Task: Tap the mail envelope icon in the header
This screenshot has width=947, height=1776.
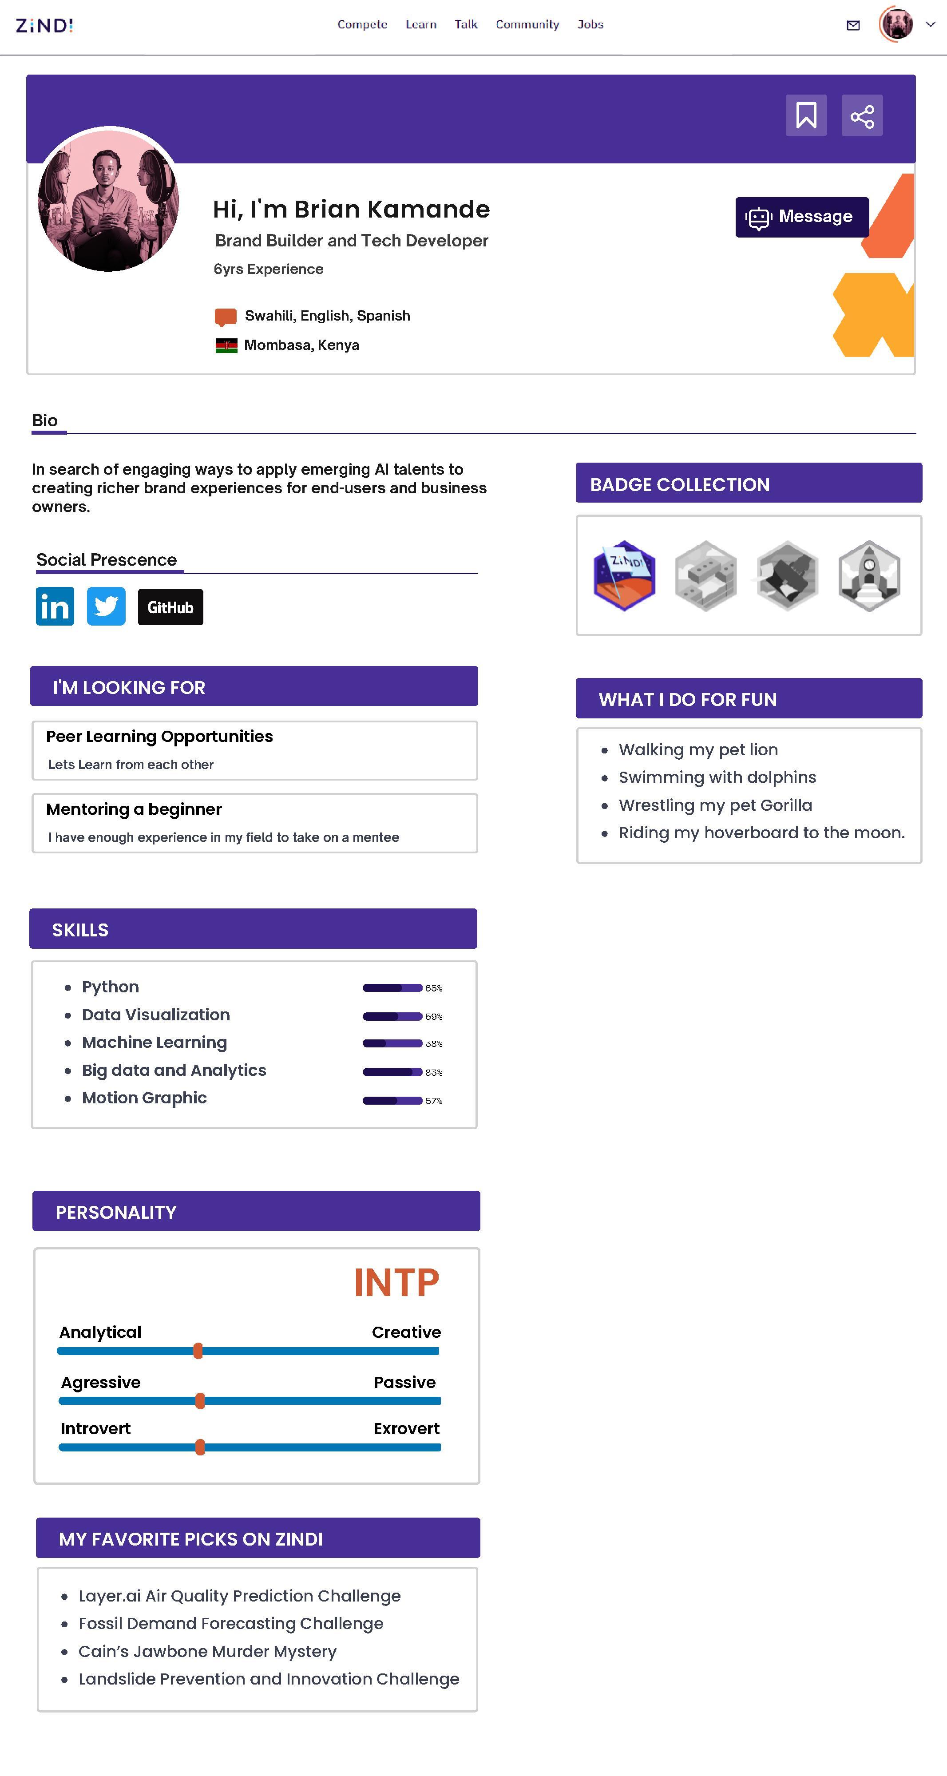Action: point(852,25)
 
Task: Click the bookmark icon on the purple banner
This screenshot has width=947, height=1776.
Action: point(806,115)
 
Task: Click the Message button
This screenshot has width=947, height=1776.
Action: point(801,217)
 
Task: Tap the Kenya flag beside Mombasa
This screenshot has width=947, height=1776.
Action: point(226,345)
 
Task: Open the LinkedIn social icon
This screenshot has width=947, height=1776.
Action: point(55,607)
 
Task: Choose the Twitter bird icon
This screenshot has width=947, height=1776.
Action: point(106,607)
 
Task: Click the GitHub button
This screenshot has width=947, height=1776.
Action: point(170,607)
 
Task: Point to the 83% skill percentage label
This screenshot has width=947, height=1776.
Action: point(433,1073)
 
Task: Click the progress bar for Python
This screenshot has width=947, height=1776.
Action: point(392,988)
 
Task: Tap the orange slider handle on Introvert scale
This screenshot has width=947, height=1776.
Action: point(200,1447)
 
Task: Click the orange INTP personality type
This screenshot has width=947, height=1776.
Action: point(396,1283)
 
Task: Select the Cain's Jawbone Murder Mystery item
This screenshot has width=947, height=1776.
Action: point(207,1651)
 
